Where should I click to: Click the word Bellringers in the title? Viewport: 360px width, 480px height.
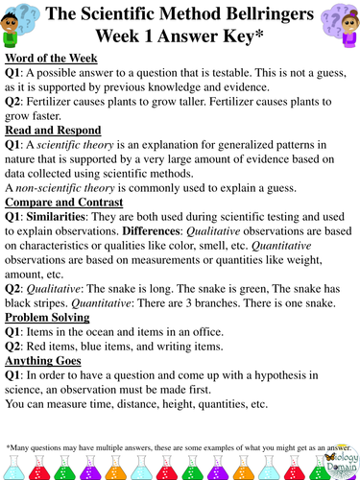coord(261,15)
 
